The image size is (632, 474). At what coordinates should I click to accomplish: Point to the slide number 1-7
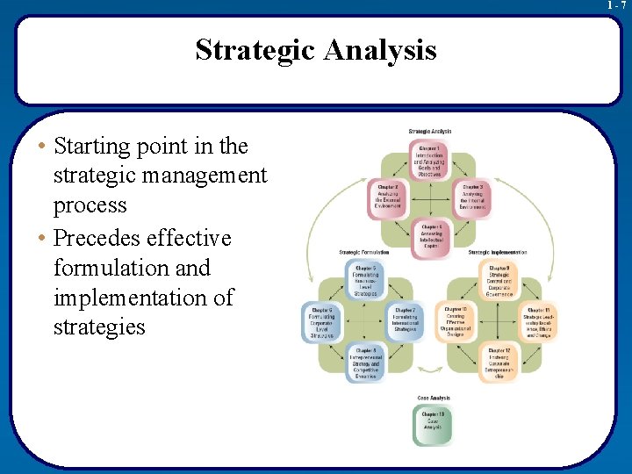(617, 5)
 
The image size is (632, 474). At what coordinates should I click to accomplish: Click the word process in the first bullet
(90, 205)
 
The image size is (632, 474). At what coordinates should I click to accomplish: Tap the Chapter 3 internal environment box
(473, 197)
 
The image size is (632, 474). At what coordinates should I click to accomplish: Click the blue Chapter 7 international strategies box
(405, 321)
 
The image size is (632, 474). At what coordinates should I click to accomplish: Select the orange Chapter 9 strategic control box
(500, 280)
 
